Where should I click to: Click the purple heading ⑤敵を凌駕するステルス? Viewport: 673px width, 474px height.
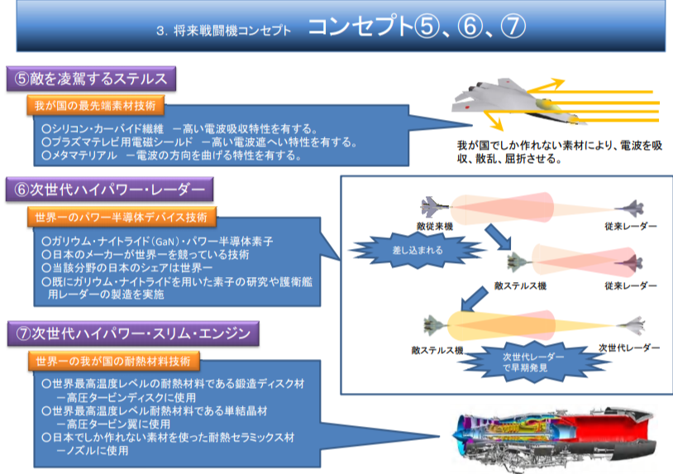click(x=91, y=79)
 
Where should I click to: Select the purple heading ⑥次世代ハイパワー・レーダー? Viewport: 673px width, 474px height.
click(x=109, y=189)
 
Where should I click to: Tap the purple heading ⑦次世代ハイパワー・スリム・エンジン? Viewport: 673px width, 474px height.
click(x=133, y=333)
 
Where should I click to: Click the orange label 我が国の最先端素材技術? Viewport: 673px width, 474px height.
click(x=95, y=106)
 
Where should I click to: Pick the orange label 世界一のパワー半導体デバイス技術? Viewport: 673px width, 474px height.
click(x=122, y=218)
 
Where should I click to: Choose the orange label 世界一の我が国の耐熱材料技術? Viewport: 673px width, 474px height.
click(x=114, y=361)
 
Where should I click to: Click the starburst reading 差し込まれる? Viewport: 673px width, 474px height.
click(x=418, y=251)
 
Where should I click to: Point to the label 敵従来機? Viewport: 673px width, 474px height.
click(x=435, y=227)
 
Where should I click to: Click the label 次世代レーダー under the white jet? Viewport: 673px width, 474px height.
click(x=629, y=347)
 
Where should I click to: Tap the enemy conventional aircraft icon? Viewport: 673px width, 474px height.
click(x=434, y=207)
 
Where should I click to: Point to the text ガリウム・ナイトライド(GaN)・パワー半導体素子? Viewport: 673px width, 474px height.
click(x=157, y=242)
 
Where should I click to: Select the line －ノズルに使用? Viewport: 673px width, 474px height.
click(x=93, y=451)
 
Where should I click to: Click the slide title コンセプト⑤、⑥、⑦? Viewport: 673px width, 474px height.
click(x=417, y=26)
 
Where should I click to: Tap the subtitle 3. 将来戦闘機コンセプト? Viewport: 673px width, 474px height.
click(x=223, y=31)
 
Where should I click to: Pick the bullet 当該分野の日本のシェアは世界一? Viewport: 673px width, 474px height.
click(x=127, y=268)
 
